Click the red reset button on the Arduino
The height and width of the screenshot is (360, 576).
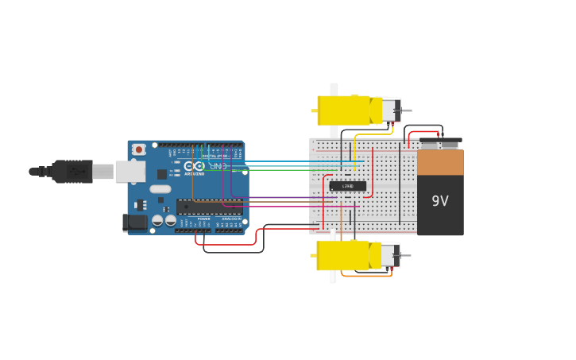pyautogui.click(x=139, y=149)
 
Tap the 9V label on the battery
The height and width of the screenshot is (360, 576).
pyautogui.click(x=440, y=201)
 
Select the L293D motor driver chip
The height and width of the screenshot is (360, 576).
pyautogui.click(x=348, y=186)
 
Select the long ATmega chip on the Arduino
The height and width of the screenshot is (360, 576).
pyautogui.click(x=208, y=207)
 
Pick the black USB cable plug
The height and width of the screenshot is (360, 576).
pyautogui.click(x=72, y=171)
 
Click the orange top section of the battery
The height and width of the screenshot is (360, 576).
pyautogui.click(x=440, y=163)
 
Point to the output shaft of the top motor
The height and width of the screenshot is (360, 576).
pyautogui.click(x=406, y=110)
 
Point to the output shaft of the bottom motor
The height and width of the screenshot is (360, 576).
pyautogui.click(x=406, y=256)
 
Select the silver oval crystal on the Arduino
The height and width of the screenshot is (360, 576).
pyautogui.click(x=160, y=189)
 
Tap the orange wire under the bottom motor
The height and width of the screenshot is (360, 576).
pyautogui.click(x=365, y=276)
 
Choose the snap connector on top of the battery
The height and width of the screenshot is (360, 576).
pyautogui.click(x=440, y=144)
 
